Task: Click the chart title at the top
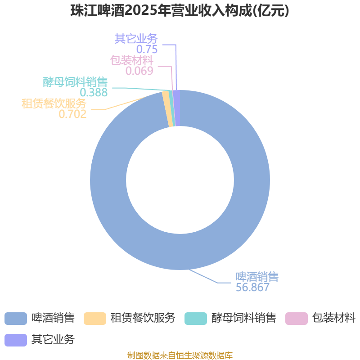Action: click(x=180, y=10)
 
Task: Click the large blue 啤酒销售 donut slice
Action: click(x=252, y=180)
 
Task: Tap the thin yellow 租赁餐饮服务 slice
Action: click(x=167, y=109)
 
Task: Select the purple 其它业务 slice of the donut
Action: click(x=177, y=108)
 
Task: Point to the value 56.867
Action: click(x=252, y=287)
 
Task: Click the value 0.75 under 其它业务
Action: click(x=147, y=49)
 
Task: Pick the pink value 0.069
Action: click(x=139, y=71)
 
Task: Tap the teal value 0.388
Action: click(x=94, y=92)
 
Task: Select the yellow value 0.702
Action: click(x=72, y=114)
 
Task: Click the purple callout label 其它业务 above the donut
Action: click(x=136, y=39)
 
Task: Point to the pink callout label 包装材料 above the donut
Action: click(x=132, y=60)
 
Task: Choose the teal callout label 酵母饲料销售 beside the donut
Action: click(x=75, y=82)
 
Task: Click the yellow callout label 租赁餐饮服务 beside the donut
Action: click(x=54, y=103)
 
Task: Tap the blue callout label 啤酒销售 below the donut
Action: click(x=257, y=277)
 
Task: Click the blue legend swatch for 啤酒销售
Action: click(x=16, y=319)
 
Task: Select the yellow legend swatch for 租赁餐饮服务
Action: click(x=95, y=319)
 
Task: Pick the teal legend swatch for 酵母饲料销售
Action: click(x=196, y=319)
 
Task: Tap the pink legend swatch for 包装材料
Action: click(x=297, y=319)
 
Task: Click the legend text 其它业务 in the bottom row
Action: click(x=53, y=340)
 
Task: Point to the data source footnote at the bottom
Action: click(x=180, y=355)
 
